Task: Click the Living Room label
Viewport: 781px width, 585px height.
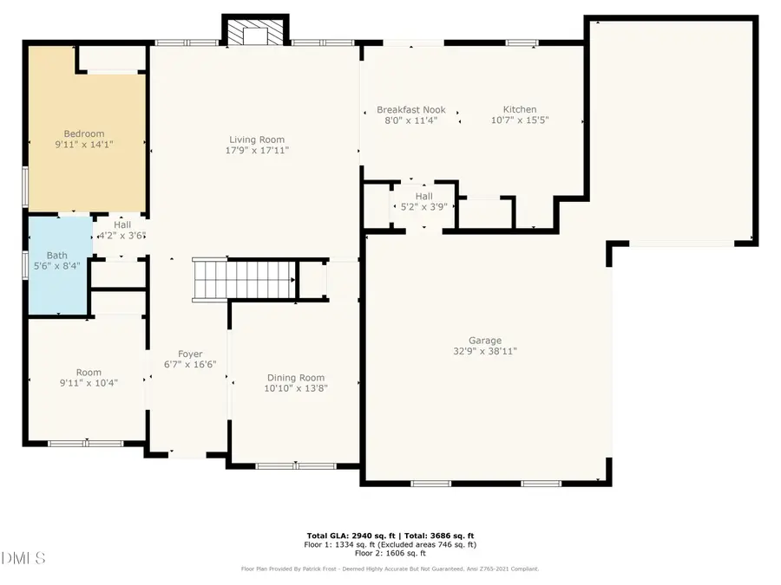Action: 256,140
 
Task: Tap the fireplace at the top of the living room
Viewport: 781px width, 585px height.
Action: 255,33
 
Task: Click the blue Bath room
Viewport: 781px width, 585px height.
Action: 57,264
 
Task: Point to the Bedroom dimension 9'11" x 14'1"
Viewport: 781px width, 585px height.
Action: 83,145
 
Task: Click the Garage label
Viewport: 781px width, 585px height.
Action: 485,341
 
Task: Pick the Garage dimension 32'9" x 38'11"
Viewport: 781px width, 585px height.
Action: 485,352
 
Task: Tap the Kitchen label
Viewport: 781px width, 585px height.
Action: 520,109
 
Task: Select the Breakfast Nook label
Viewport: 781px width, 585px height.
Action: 410,109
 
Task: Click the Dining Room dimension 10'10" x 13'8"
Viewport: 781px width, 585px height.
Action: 295,388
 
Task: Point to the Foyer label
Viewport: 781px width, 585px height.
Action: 190,354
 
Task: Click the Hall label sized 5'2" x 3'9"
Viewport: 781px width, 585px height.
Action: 423,196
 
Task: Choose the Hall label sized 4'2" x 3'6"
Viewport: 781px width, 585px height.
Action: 122,224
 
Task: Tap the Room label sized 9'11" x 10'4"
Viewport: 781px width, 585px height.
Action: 88,372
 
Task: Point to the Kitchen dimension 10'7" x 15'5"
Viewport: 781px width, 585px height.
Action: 520,120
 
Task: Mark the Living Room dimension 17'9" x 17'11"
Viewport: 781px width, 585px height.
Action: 256,151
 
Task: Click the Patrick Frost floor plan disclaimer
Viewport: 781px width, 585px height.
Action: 390,569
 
